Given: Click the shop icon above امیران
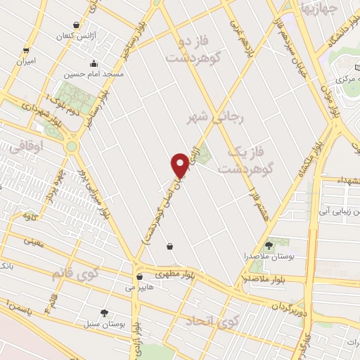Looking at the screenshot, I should tap(26, 50).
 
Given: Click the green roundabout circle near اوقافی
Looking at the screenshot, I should tap(71, 146).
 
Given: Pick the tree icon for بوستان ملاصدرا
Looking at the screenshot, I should tap(269, 245).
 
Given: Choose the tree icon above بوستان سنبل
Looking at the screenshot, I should tap(104, 312).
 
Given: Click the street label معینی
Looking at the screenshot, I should tap(34, 241).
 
